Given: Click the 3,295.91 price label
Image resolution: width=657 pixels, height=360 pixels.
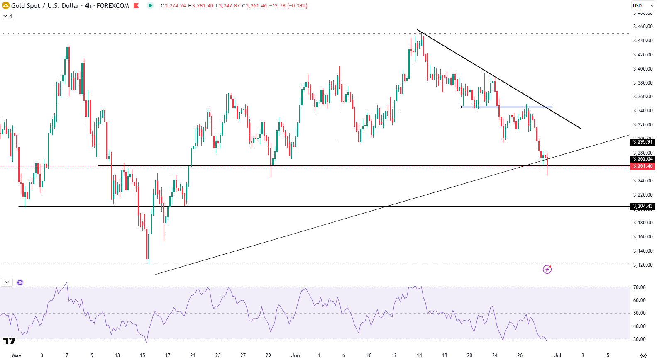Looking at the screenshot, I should tap(642, 142).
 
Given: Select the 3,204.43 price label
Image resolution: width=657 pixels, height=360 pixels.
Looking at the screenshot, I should tap(642, 206).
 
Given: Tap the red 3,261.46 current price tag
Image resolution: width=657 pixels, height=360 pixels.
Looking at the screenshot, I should tap(642, 166).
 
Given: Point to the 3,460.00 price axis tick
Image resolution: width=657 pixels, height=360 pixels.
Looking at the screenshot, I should tap(642, 27).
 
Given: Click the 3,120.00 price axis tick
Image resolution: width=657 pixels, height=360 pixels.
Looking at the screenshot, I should tap(642, 265).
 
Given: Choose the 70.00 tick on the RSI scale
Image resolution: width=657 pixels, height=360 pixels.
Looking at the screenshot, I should tap(639, 287).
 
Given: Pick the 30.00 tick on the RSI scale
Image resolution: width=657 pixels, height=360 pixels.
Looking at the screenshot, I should tap(639, 339).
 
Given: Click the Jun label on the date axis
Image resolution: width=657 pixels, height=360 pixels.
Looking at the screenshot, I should tap(295, 355).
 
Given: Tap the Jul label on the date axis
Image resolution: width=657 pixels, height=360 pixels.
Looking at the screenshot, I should tap(557, 355).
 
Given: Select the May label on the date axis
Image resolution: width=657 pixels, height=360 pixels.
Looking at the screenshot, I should tap(17, 355).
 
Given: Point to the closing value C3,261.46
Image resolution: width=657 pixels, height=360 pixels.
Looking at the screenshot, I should tap(254, 6).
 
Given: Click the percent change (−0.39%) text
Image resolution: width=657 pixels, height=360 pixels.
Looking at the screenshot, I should tap(297, 6).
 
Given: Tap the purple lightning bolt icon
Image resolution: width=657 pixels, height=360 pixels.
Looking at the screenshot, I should tap(547, 270).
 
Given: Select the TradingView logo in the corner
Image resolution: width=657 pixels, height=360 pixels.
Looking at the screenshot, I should tap(9, 341).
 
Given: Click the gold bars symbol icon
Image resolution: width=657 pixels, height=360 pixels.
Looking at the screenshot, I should tap(6, 6).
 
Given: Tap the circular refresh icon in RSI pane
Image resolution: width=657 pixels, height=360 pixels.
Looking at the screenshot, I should tap(20, 282).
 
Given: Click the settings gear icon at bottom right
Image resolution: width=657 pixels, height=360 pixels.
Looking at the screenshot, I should tap(643, 355).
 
